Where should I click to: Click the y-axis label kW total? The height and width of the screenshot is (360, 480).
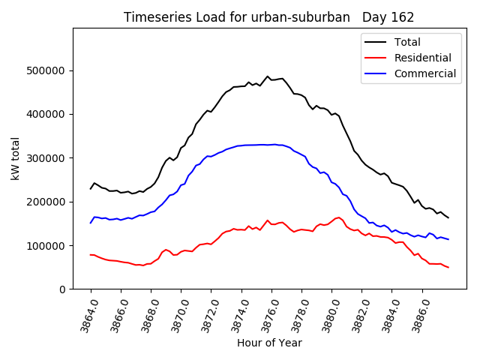[x=16, y=159]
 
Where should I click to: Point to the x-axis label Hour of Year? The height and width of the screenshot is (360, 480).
[x=269, y=343]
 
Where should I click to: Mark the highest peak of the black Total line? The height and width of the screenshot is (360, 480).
[x=268, y=76]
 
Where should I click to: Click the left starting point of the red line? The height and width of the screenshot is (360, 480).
[x=91, y=255]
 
